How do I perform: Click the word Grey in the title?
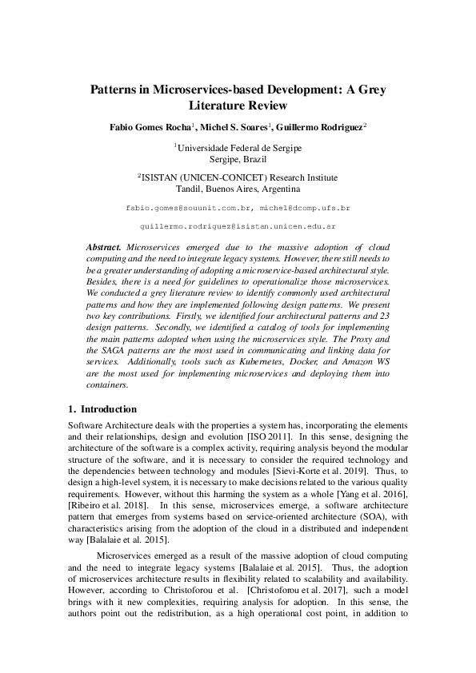(370, 90)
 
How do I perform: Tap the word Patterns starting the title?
(114, 90)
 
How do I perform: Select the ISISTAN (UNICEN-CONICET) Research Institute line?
(238, 177)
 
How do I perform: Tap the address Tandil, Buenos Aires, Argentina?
(238, 189)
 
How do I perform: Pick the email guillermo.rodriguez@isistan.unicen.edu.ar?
(238, 227)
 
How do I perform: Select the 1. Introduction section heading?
(103, 408)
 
